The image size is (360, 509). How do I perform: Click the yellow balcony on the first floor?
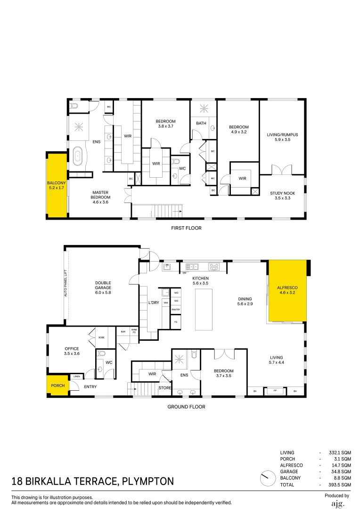[x=56, y=185]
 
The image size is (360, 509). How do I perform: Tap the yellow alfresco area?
[x=287, y=290]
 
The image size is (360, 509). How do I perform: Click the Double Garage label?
[x=103, y=287]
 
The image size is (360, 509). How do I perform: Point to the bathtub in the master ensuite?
[x=78, y=156]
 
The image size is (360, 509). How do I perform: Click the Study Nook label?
[x=283, y=196]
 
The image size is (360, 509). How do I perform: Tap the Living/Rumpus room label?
[x=282, y=137]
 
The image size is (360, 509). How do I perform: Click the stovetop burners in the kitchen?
[x=215, y=267]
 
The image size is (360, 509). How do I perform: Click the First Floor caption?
[x=186, y=228]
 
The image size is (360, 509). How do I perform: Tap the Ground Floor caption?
[x=187, y=407]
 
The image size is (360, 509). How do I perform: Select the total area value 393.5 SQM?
[x=339, y=484]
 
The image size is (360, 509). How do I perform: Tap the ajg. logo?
[x=337, y=503]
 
